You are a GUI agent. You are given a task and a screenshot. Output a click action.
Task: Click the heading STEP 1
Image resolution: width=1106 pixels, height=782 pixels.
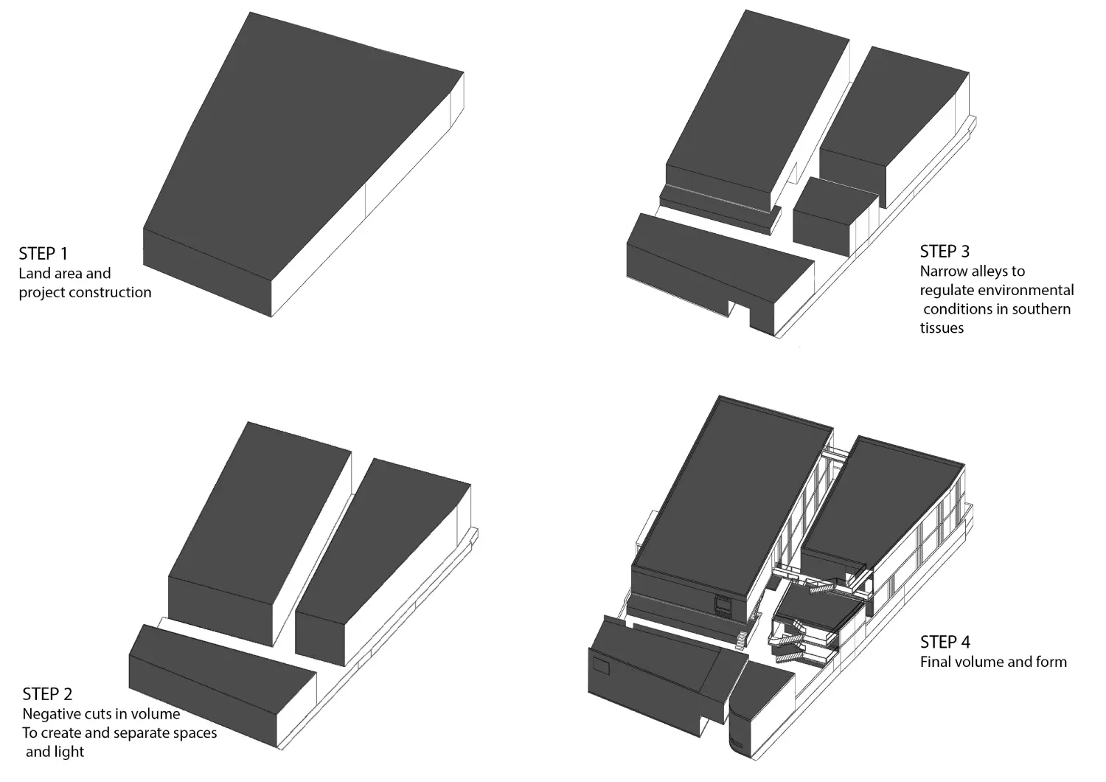tap(43, 254)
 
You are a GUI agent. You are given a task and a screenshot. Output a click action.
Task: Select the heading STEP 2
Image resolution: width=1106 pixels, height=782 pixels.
tap(47, 694)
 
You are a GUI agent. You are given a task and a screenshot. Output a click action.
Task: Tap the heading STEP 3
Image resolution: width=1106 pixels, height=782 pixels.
tap(945, 252)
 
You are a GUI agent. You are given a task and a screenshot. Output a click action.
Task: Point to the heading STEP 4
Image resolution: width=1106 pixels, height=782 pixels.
tap(945, 642)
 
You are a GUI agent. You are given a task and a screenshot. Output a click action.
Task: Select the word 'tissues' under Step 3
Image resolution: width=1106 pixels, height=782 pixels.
tap(942, 328)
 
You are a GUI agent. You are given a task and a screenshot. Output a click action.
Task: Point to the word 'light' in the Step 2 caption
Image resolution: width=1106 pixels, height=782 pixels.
tap(69, 752)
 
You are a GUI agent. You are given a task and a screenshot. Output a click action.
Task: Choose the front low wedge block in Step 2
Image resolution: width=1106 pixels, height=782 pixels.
tap(222, 687)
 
